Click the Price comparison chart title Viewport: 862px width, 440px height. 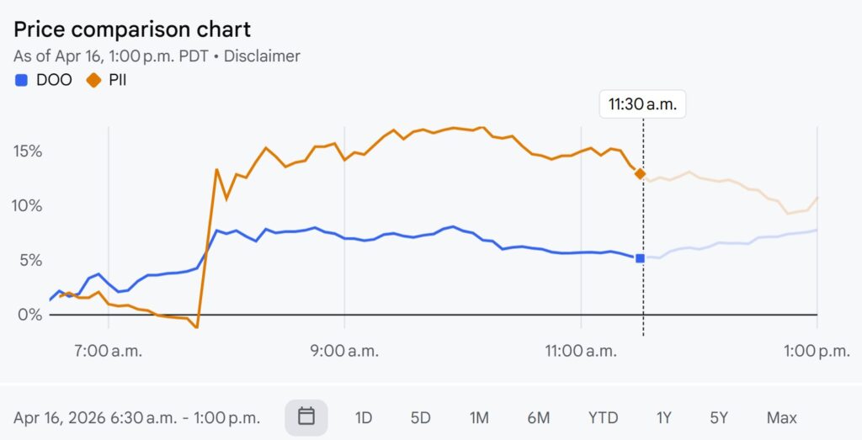point(132,29)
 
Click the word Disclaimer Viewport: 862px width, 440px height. point(260,56)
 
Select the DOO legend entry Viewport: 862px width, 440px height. point(44,81)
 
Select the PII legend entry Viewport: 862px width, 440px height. point(107,81)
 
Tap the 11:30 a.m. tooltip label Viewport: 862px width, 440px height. point(643,105)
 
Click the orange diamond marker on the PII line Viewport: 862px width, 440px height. point(640,173)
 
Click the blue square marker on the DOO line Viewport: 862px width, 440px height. point(640,258)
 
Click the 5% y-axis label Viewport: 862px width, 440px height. point(30,261)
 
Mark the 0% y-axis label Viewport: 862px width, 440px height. point(30,315)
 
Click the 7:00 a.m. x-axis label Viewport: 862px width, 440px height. point(109,351)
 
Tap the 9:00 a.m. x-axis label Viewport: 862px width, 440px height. point(345,351)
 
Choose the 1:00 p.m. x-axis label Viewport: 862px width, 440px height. point(817,351)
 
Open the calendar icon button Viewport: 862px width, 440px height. point(306,417)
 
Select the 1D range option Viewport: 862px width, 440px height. point(364,417)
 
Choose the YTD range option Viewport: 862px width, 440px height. point(603,417)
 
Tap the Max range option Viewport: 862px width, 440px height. point(781,417)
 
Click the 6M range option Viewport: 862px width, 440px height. point(539,417)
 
